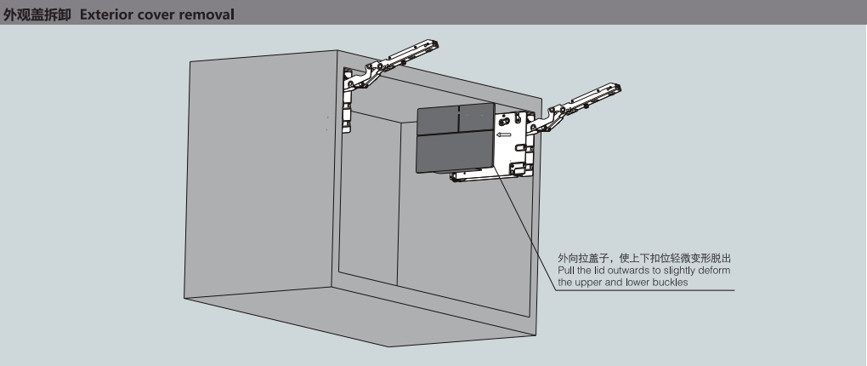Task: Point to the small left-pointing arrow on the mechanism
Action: pyautogui.click(x=504, y=133)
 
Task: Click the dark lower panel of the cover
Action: pyautogui.click(x=455, y=155)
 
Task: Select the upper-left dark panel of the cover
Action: pyautogui.click(x=438, y=120)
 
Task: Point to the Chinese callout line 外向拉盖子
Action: pyautogui.click(x=643, y=258)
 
